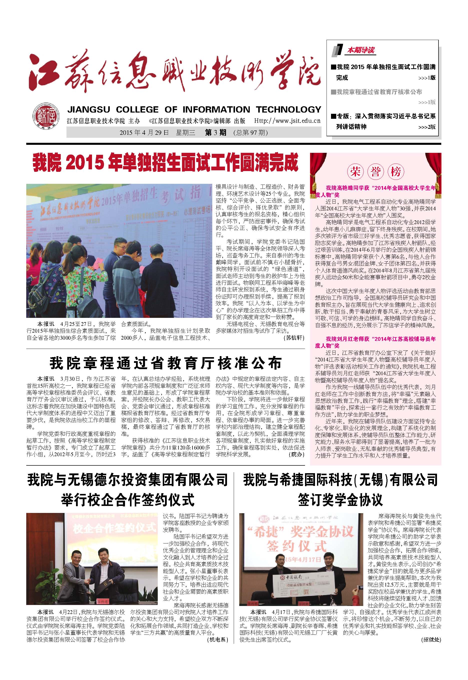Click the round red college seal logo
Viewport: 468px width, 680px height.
coord(45,117)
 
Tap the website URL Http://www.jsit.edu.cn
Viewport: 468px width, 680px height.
coord(287,121)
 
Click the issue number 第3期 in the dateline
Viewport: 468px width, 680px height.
coord(215,133)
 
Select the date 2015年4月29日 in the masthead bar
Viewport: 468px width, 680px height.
coord(144,133)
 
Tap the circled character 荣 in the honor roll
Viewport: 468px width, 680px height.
coord(355,172)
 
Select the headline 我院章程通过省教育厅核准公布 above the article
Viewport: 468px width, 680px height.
coord(166,363)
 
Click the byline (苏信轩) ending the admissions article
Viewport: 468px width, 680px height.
coord(294,338)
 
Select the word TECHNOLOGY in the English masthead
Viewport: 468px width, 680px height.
coord(288,110)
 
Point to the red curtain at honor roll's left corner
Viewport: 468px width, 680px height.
coord(317,167)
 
